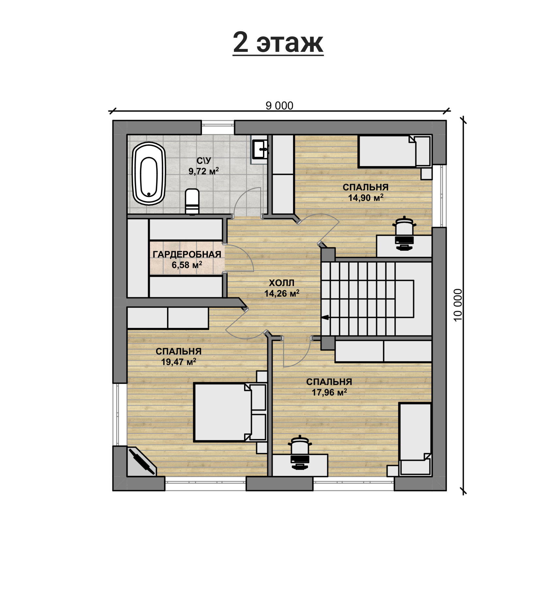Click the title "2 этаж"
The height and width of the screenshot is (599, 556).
278,43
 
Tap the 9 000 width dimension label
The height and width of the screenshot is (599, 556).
279,106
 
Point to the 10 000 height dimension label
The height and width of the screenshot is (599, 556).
458,305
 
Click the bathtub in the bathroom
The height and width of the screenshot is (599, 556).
149,173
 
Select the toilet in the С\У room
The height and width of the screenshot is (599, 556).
192,202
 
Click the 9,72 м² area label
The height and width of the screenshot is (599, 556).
204,171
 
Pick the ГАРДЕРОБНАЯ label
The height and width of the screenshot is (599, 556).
187,254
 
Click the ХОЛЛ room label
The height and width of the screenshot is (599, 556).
282,283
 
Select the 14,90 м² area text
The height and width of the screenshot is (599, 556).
365,198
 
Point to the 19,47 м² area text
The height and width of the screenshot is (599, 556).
178,362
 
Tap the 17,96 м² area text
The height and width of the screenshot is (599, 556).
329,392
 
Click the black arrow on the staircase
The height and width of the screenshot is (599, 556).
325,317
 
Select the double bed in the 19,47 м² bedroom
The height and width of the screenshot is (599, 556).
230,412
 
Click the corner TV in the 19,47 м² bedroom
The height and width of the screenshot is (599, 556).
142,461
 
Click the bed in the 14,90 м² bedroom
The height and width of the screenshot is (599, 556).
395,152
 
